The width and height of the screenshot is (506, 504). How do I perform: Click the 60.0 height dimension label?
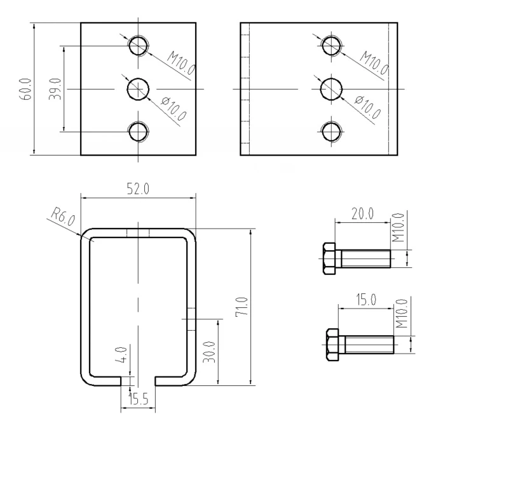click(25, 89)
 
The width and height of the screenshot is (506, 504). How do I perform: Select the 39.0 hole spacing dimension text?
click(55, 89)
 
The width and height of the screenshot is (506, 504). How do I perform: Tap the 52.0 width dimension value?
click(138, 189)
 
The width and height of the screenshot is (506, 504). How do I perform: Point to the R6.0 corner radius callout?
click(63, 217)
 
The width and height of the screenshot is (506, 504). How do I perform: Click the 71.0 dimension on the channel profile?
click(242, 307)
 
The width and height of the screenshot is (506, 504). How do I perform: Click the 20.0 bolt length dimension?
click(362, 214)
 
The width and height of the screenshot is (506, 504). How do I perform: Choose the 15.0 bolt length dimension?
click(366, 300)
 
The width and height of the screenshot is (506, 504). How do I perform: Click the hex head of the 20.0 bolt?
click(329, 259)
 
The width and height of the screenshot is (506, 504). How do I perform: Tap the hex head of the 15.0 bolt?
click(332, 345)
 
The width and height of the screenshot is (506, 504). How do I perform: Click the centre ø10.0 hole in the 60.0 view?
click(137, 89)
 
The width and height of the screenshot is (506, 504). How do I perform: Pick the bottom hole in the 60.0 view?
click(138, 131)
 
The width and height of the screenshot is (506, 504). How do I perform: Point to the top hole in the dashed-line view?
click(331, 45)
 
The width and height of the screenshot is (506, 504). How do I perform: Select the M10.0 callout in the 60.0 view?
click(181, 63)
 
